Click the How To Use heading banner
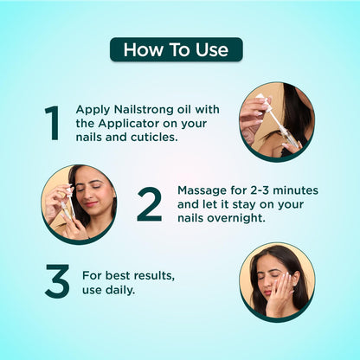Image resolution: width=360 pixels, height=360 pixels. tap(177, 49)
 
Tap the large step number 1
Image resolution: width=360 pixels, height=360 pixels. tap(52, 123)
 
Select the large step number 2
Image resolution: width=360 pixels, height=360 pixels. tap(149, 204)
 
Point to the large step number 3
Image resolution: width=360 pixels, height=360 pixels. tap(57, 281)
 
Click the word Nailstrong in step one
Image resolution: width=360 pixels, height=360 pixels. tap(143, 110)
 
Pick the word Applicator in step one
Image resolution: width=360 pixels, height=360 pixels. tap(128, 124)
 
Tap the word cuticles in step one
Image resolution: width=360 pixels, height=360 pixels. tap(154, 138)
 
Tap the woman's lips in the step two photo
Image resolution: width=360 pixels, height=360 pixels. tap(91, 204)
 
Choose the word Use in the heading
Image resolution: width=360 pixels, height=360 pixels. tap(212, 50)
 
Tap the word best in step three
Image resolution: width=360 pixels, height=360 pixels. tap(118, 276)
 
